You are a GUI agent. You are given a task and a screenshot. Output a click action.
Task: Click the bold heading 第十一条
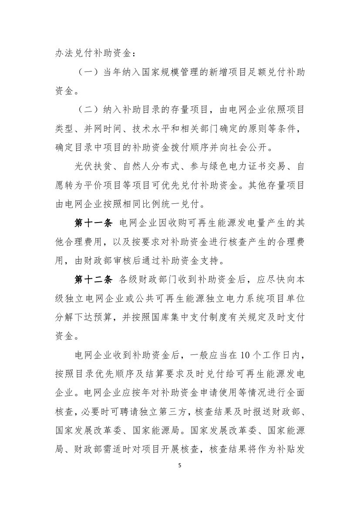tap(94, 223)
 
